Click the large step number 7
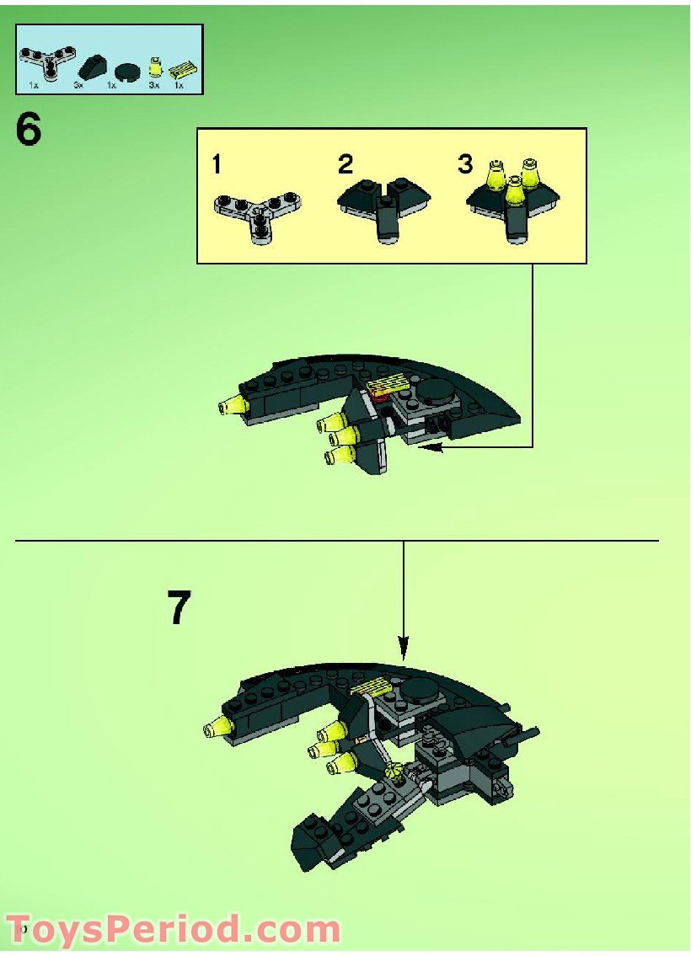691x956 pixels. click(179, 608)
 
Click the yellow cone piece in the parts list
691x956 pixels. click(155, 67)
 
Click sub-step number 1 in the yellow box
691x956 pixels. click(217, 165)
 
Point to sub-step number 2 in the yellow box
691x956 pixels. click(345, 164)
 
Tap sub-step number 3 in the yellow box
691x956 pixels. click(465, 164)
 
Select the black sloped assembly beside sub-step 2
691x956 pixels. click(383, 206)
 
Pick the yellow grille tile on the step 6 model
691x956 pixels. click(388, 386)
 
